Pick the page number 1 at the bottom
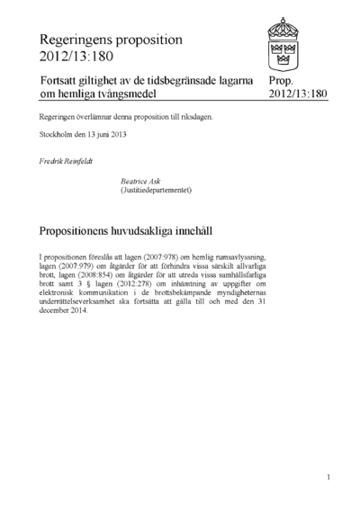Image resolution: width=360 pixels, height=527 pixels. (x=328, y=477)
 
